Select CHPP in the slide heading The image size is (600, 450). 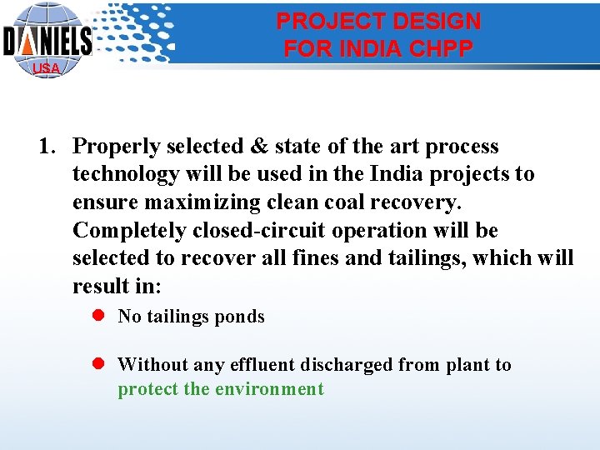(442, 48)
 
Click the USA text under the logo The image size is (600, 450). (46, 68)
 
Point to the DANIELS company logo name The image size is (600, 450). (47, 40)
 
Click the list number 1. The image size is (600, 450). (47, 147)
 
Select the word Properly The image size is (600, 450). (117, 147)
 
